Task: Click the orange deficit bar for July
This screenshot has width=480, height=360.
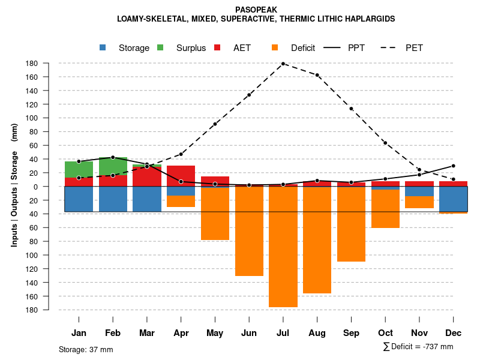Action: click(283, 246)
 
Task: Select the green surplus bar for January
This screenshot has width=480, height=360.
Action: click(79, 169)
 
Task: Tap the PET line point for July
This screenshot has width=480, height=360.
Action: click(283, 64)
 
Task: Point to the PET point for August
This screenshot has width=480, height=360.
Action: click(317, 75)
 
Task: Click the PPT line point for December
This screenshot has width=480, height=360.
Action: click(454, 166)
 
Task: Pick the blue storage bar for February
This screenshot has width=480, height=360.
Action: click(113, 199)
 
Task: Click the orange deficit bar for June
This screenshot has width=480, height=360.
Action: click(249, 231)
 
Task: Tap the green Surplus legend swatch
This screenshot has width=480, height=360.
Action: click(161, 47)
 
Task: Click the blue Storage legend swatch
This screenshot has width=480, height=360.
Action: click(103, 47)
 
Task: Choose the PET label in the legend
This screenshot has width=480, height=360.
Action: click(414, 48)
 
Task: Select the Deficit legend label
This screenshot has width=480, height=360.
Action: click(303, 48)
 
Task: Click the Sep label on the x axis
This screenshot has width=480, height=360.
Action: click(352, 333)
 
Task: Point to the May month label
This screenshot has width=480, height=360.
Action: click(215, 333)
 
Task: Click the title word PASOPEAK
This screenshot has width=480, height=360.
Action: click(256, 10)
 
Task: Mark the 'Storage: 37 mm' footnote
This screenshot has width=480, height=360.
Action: click(86, 349)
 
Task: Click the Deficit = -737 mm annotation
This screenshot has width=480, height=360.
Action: click(418, 347)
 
